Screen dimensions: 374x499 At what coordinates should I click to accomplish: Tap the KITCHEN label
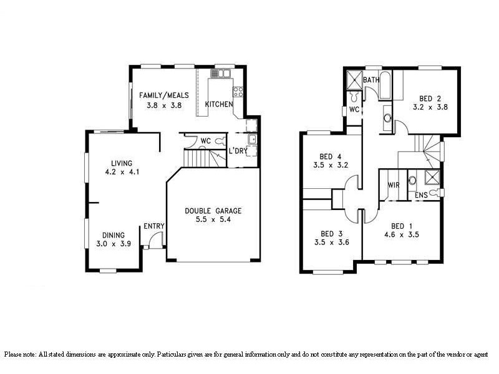(x=219, y=104)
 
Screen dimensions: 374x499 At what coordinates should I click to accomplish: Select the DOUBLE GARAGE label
(x=213, y=211)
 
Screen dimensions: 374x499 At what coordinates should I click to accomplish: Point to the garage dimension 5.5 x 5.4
(x=213, y=220)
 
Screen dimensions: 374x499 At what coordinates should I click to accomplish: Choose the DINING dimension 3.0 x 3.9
(x=114, y=244)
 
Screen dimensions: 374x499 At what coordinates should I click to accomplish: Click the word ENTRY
(x=153, y=226)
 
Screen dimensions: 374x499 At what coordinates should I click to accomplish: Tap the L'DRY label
(x=238, y=151)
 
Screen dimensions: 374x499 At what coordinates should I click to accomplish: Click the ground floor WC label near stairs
(x=205, y=141)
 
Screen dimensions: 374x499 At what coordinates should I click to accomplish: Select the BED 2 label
(x=430, y=98)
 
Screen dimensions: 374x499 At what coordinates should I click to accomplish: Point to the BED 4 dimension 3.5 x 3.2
(x=330, y=165)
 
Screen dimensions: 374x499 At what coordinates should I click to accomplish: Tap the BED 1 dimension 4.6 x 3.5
(x=401, y=235)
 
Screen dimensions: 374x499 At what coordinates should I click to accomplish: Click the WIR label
(x=394, y=185)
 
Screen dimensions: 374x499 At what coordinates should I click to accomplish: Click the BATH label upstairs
(x=371, y=80)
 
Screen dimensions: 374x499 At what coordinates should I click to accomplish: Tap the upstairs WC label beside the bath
(x=354, y=110)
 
